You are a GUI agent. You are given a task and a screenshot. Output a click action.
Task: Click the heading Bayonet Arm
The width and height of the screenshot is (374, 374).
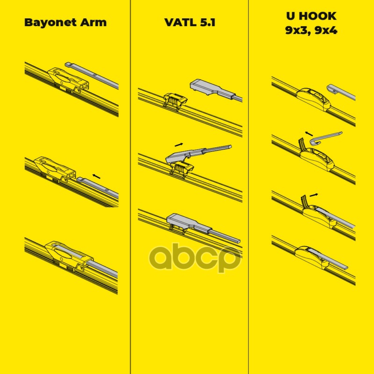pyautogui.click(x=65, y=22)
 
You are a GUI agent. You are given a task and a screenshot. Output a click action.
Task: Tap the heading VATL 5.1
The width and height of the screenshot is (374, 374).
pyautogui.click(x=189, y=22)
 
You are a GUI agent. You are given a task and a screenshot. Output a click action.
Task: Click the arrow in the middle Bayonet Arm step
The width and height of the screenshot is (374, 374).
pyautogui.click(x=96, y=176)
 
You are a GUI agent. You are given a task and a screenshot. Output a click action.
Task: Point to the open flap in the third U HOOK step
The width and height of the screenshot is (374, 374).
pyautogui.click(x=303, y=200)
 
